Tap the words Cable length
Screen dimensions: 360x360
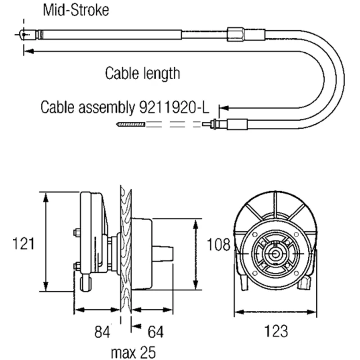click(x=142, y=72)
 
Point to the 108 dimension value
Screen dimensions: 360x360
click(x=218, y=245)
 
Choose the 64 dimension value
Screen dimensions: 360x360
click(x=155, y=332)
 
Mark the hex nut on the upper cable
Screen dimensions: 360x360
click(x=236, y=34)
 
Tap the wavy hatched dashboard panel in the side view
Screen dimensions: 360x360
click(x=125, y=252)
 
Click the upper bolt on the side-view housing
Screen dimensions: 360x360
click(x=76, y=233)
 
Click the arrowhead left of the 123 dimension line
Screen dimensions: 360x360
click(x=238, y=311)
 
